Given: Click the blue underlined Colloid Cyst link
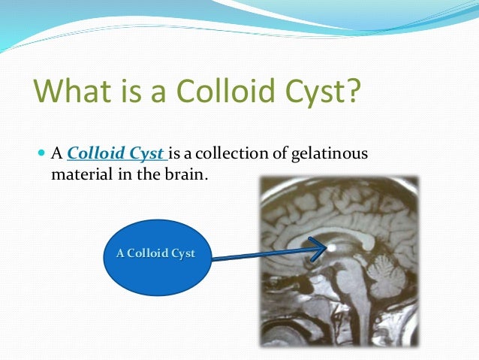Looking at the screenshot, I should click(116, 154).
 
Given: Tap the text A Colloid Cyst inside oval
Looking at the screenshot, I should click(155, 253).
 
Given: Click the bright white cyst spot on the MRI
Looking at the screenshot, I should click(331, 246).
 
